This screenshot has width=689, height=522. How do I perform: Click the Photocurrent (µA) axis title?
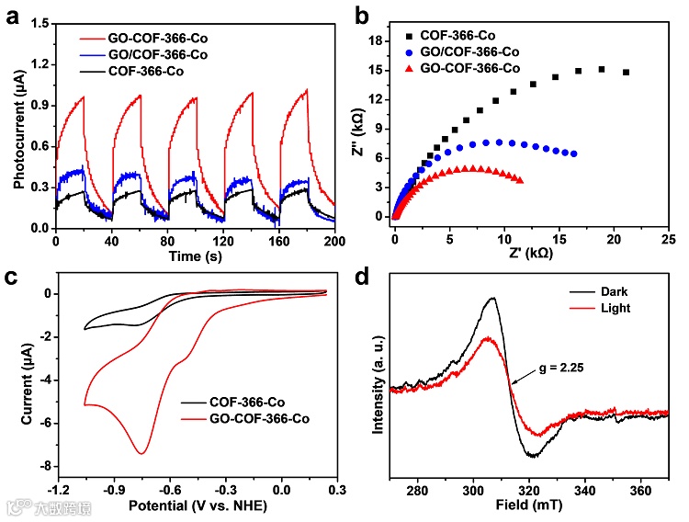(x=19, y=124)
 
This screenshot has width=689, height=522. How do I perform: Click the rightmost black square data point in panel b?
(x=626, y=72)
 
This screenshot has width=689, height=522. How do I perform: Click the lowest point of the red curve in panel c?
(x=141, y=453)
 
